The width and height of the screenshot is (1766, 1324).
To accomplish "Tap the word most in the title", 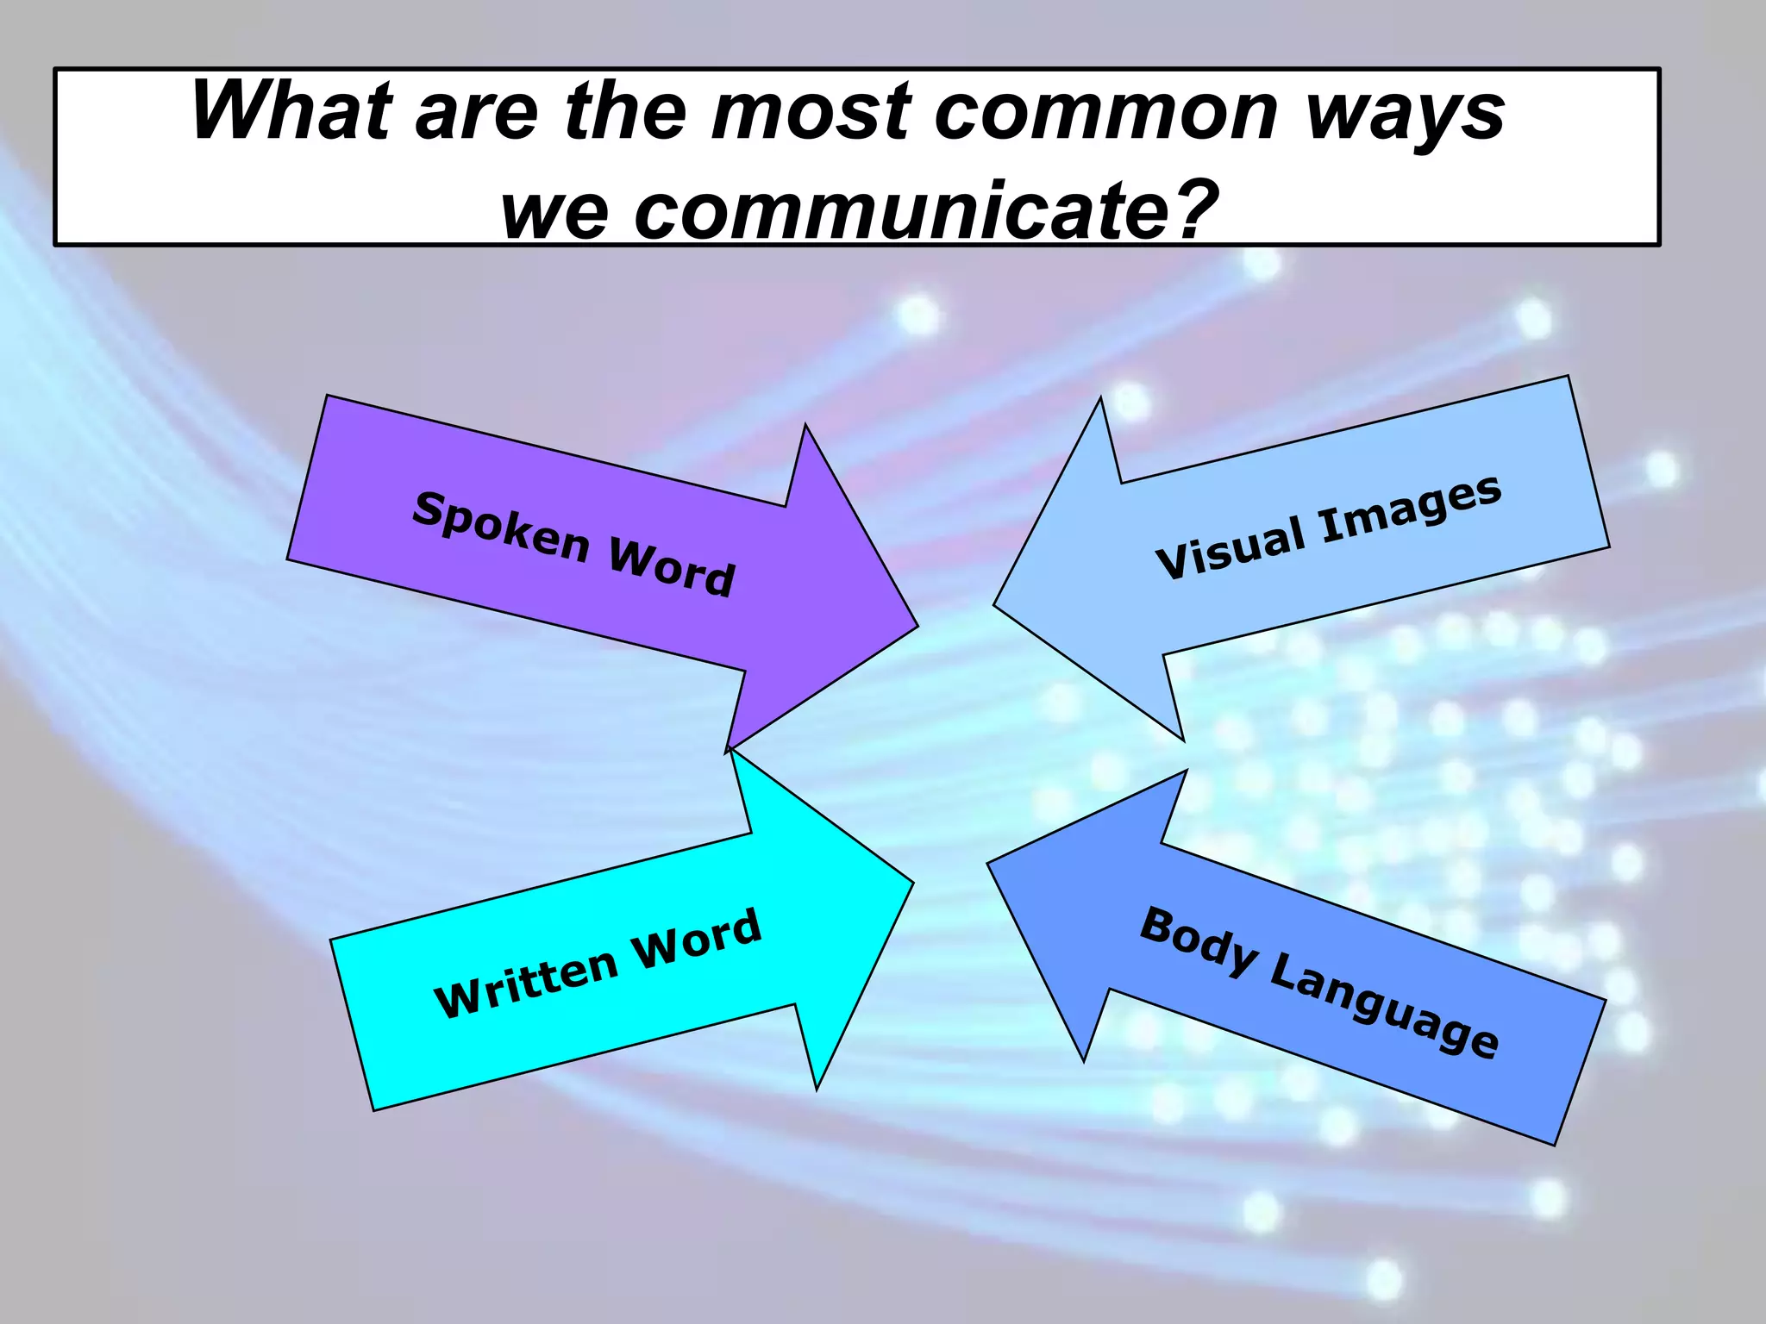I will point(811,112).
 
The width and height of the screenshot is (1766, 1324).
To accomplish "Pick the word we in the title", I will point(554,212).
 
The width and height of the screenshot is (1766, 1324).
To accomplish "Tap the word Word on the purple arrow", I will point(672,567).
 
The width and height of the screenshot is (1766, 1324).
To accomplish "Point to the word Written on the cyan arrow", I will point(526,983).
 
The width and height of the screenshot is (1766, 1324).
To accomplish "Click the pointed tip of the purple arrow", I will point(916,627).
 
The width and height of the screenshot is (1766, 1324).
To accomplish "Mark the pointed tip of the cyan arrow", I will point(911,883).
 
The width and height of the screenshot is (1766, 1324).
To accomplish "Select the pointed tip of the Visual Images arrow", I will point(996,604).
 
